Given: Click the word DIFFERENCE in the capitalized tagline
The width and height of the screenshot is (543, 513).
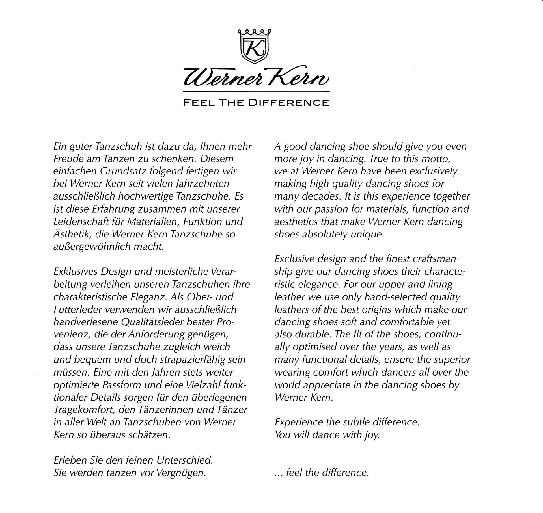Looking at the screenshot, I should click(x=288, y=102).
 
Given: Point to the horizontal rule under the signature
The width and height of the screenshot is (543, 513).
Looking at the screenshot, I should click(x=256, y=92).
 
